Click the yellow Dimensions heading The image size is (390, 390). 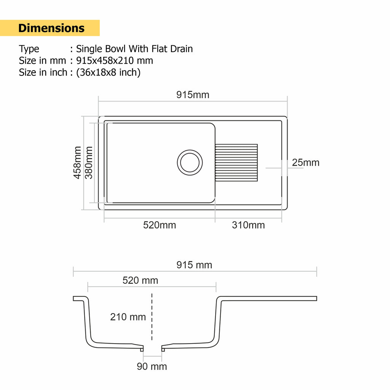[x=51, y=28]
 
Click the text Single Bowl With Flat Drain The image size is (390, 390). [x=134, y=49]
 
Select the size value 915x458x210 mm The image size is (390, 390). [x=115, y=61]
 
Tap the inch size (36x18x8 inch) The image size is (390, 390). [x=108, y=72]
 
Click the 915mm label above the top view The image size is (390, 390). [x=193, y=95]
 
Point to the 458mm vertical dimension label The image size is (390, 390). [x=77, y=163]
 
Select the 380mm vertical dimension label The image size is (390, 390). [x=89, y=163]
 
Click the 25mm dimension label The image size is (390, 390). [x=305, y=163]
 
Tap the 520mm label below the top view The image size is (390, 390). [x=160, y=225]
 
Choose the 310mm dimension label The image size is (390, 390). [x=248, y=225]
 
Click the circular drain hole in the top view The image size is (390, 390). [x=190, y=163]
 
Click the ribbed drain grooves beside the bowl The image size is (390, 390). [x=237, y=163]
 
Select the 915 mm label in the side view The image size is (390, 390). [x=194, y=265]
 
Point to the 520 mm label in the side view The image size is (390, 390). [x=140, y=281]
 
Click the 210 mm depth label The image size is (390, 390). [x=128, y=317]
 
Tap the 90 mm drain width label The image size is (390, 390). [x=152, y=367]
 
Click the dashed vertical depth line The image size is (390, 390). [x=152, y=317]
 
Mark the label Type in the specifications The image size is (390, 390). [x=29, y=49]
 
